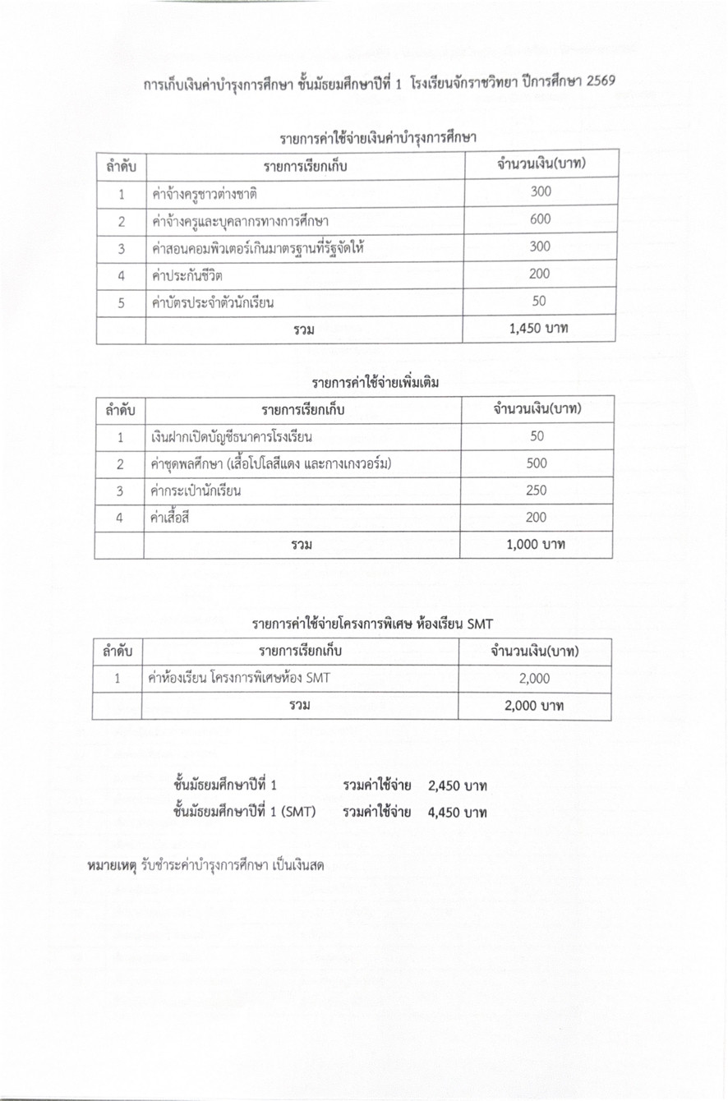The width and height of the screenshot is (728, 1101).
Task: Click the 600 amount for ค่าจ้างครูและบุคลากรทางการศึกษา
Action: pos(541,219)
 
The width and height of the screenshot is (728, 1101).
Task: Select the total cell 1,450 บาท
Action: pos(540,329)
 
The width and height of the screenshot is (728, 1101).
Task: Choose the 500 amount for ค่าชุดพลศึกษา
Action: pos(537,463)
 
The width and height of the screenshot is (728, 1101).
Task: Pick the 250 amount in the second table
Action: pos(537,491)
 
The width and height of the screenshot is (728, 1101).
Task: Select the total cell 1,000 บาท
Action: pos(537,544)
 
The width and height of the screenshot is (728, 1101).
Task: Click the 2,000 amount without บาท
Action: pos(534,679)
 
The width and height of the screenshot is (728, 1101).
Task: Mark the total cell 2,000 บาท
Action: pos(534,706)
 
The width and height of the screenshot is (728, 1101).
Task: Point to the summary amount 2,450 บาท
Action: pos(458,786)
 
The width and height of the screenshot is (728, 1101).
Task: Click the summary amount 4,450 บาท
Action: pos(458,813)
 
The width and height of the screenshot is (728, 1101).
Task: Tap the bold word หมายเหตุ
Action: pos(112,865)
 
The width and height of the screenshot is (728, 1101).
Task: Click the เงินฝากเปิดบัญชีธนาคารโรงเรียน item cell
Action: pos(232,436)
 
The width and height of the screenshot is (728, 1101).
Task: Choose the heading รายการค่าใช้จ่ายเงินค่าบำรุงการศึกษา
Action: pos(379,136)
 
